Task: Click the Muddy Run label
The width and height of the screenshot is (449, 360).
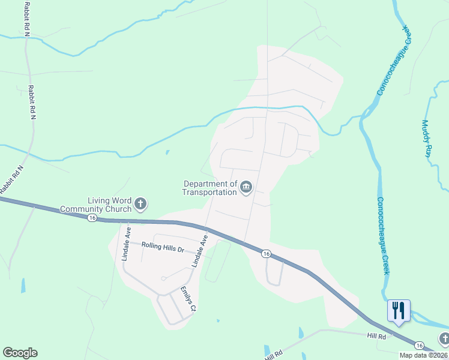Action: tap(427, 139)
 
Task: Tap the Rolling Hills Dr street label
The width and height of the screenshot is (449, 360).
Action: tap(163, 247)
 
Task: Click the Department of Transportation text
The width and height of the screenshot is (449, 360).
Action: tap(210, 188)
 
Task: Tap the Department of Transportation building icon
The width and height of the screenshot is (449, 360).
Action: tap(246, 188)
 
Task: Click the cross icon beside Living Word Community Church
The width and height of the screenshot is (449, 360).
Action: tap(140, 205)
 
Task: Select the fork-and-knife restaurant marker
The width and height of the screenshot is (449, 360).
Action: tap(399, 311)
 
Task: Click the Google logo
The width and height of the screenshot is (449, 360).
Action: tap(20, 353)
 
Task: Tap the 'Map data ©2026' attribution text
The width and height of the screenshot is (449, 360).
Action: tap(424, 355)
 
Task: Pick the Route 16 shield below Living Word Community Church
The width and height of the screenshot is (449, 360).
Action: tap(92, 217)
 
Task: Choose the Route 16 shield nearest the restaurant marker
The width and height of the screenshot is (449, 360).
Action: tap(420, 346)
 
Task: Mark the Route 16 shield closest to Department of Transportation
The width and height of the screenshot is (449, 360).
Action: tap(265, 254)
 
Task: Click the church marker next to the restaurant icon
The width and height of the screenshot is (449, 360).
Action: tap(444, 340)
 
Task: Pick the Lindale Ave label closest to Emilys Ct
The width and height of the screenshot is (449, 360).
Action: tap(199, 251)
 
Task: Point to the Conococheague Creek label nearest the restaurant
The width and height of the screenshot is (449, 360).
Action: tap(383, 236)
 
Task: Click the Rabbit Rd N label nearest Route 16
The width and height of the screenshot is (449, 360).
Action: tap(11, 179)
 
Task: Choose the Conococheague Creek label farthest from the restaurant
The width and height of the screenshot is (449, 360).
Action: tap(395, 59)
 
